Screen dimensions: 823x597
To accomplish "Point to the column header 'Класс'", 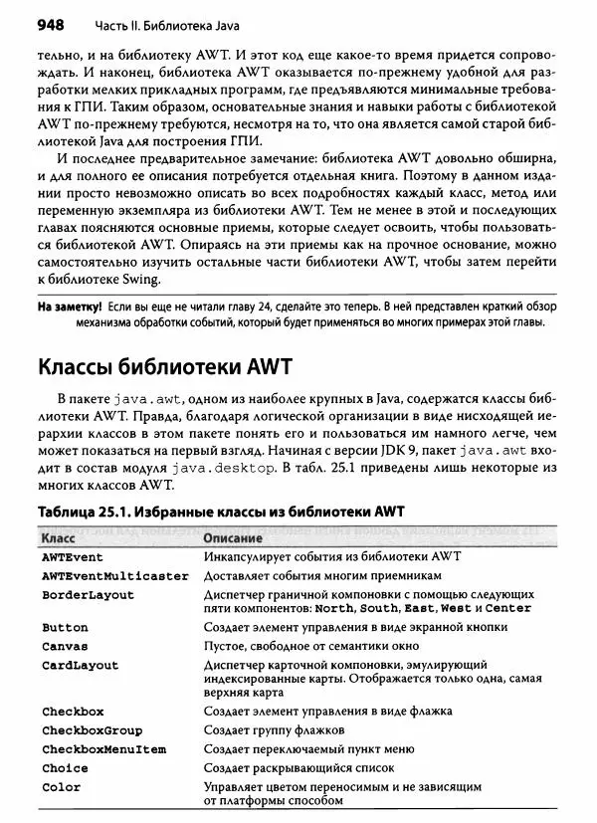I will pyautogui.click(x=61, y=537).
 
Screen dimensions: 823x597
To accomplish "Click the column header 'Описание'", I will pyautogui.click(x=234, y=537).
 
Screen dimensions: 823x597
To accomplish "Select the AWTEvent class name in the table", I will pyautogui.click(x=74, y=556).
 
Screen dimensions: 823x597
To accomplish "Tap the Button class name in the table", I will pyautogui.click(x=65, y=628).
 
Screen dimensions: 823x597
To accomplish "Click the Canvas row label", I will pyautogui.click(x=65, y=646).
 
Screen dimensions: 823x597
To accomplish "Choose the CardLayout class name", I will pyautogui.click(x=80, y=665).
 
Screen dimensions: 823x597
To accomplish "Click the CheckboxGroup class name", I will pyautogui.click(x=92, y=730).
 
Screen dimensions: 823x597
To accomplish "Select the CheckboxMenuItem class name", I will pyautogui.click(x=103, y=749).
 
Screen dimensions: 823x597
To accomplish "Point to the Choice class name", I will pyautogui.click(x=65, y=768).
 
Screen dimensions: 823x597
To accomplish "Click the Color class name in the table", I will pyautogui.click(x=61, y=787).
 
